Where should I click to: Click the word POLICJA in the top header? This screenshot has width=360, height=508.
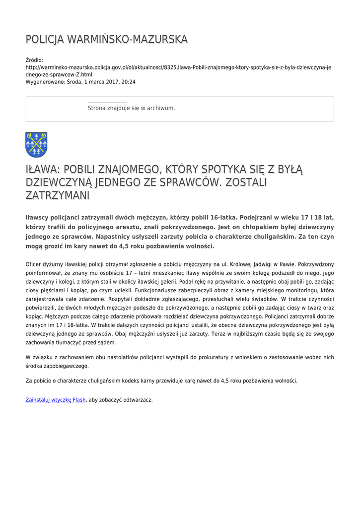click(x=44, y=39)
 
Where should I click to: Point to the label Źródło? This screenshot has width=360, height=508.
click(x=34, y=60)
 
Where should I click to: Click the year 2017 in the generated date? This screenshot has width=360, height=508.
click(x=110, y=82)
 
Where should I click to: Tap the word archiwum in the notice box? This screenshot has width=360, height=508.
click(x=162, y=108)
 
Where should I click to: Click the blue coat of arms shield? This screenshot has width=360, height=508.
click(x=36, y=144)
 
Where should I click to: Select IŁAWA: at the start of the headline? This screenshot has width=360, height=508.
click(x=42, y=170)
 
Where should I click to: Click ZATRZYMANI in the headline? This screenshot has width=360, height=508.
click(x=57, y=195)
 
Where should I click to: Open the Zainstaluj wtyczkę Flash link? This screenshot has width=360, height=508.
click(x=56, y=399)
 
